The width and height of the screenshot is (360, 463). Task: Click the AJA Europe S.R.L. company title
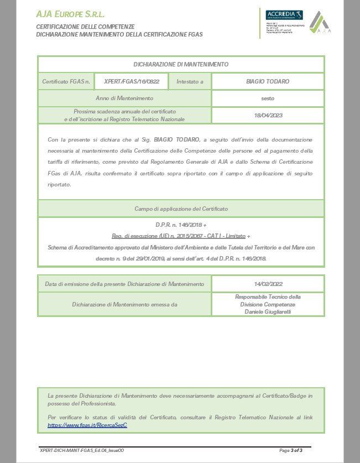(70, 14)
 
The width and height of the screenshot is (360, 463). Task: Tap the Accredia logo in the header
(284, 15)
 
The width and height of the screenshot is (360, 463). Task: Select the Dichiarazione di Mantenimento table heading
(180, 65)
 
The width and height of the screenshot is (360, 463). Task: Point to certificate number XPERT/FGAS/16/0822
(132, 81)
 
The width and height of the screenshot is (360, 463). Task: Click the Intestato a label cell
(190, 81)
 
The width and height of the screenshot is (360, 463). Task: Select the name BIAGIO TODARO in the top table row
(268, 81)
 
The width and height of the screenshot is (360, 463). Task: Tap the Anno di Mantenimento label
(124, 98)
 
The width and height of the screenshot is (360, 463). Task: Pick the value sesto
(268, 98)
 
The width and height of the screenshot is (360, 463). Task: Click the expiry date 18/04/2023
(268, 115)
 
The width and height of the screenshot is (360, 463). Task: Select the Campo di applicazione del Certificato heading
(180, 209)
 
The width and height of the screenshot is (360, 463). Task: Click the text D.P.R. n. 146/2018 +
(180, 225)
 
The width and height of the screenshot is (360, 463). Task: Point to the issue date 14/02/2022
(268, 284)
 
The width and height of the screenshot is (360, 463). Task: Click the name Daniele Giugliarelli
(268, 313)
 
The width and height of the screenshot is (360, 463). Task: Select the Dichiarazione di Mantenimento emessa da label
(124, 304)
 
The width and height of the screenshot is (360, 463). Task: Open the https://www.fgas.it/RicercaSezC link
(87, 425)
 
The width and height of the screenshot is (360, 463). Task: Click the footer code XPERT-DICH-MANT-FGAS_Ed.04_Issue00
(82, 450)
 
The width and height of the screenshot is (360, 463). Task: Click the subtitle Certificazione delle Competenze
(85, 27)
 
